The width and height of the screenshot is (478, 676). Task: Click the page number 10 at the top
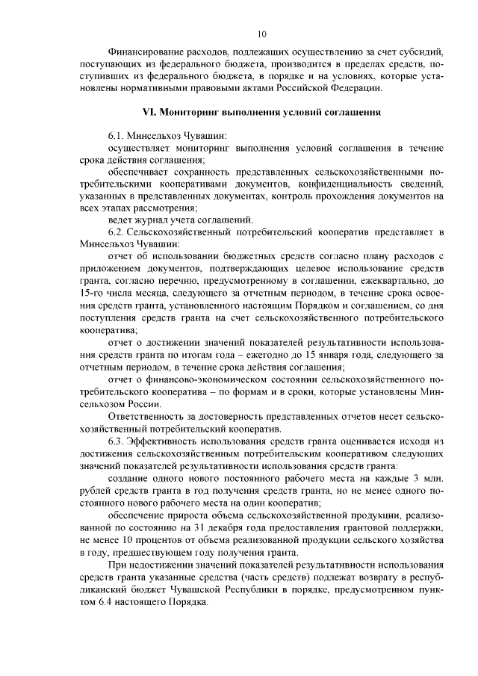point(261,34)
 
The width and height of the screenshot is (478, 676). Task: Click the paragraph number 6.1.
point(118,137)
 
